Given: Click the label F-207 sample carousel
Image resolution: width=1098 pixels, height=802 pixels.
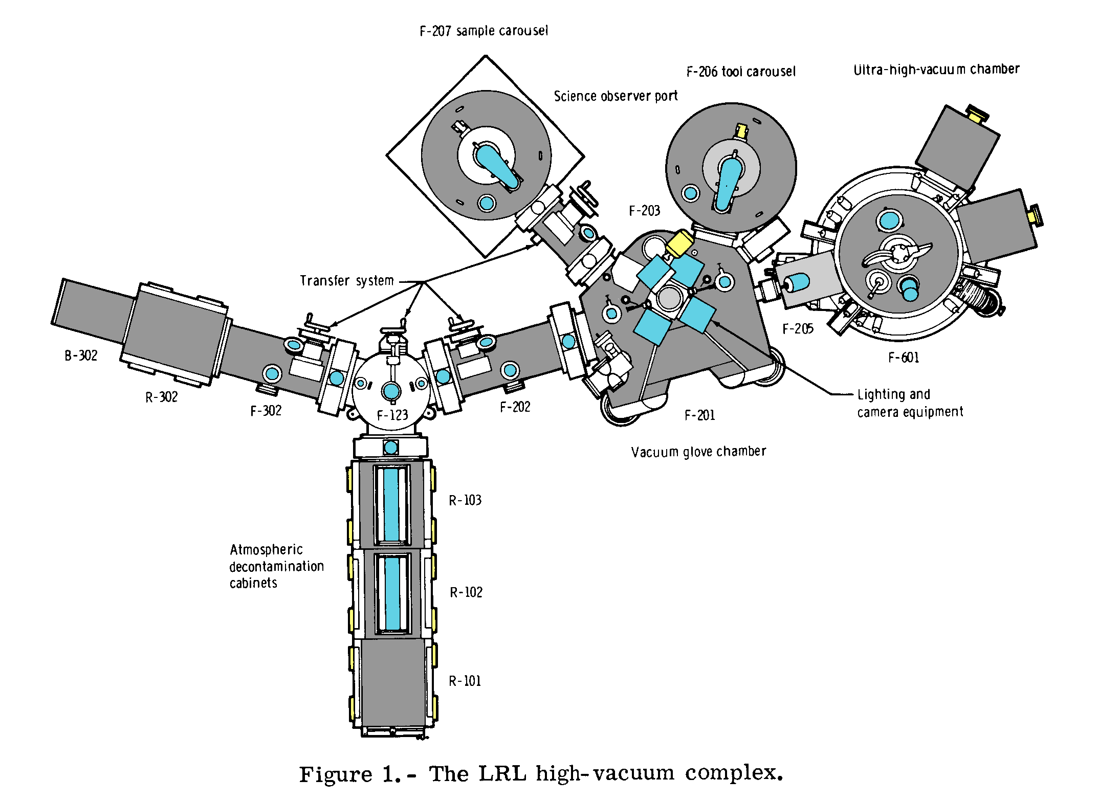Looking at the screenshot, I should [x=484, y=31].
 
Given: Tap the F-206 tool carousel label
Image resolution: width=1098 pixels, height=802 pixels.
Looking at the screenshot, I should [x=741, y=72].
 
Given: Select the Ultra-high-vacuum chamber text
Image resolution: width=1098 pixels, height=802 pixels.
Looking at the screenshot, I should [x=936, y=70].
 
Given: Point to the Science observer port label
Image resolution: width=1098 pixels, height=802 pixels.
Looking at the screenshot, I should [x=616, y=96].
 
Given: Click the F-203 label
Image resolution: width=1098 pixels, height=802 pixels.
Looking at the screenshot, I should [x=644, y=211].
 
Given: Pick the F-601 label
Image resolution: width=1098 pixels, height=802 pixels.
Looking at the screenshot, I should [x=904, y=358].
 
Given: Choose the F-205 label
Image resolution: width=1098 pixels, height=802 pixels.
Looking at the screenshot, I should [x=798, y=329].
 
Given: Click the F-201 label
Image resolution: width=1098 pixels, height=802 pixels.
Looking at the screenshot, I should [x=699, y=415].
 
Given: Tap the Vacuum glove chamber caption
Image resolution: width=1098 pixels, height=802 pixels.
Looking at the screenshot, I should [x=698, y=452].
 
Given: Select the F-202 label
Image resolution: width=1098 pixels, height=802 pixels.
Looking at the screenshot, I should [x=515, y=407].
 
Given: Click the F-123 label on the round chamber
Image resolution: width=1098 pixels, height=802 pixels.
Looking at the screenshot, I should [x=392, y=415].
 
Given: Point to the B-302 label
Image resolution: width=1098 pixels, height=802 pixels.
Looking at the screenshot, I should [x=81, y=355].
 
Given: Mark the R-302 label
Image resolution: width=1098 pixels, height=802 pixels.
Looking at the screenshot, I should [x=161, y=397].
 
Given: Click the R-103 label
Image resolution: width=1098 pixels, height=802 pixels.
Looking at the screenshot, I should [x=465, y=500].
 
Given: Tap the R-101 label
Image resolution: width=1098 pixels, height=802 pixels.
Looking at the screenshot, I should [x=465, y=681].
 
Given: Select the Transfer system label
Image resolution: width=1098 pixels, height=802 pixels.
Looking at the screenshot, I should [x=347, y=281].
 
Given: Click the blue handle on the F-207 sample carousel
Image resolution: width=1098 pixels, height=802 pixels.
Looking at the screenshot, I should [x=495, y=167].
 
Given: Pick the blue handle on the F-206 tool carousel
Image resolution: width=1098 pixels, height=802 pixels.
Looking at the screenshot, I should [x=728, y=183].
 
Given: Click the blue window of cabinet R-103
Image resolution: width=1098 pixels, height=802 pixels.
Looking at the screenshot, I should [x=391, y=504].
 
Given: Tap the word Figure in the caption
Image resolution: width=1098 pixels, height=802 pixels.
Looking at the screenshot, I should [x=335, y=774].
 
